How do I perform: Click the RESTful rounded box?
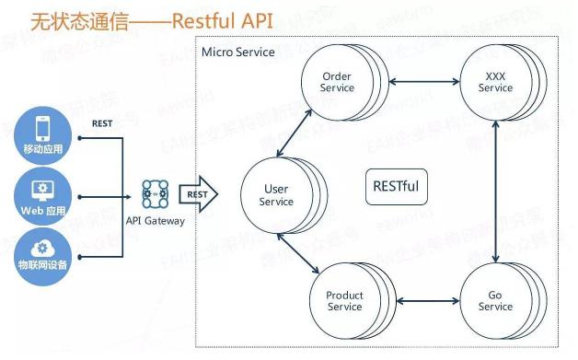pyautogui.click(x=397, y=187)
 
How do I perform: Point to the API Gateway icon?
pyautogui.click(x=156, y=194)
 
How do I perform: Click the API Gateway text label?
pyautogui.click(x=156, y=221)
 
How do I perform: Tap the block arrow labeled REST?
pyautogui.click(x=198, y=194)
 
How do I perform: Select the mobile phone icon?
pyautogui.click(x=42, y=128)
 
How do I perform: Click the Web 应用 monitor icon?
pyautogui.click(x=42, y=191)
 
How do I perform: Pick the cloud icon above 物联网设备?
pyautogui.click(x=42, y=249)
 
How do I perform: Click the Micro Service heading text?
pyautogui.click(x=238, y=52)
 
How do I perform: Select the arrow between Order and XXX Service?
pyautogui.click(x=424, y=82)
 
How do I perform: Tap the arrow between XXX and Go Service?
pyautogui.click(x=496, y=192)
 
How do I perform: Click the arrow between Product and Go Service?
pyautogui.click(x=428, y=301)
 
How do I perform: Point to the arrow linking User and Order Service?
pyautogui.click(x=295, y=134)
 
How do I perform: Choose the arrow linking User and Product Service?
pyautogui.click(x=298, y=253)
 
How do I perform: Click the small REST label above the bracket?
pyautogui.click(x=102, y=123)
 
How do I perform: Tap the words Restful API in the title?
pyautogui.click(x=223, y=21)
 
